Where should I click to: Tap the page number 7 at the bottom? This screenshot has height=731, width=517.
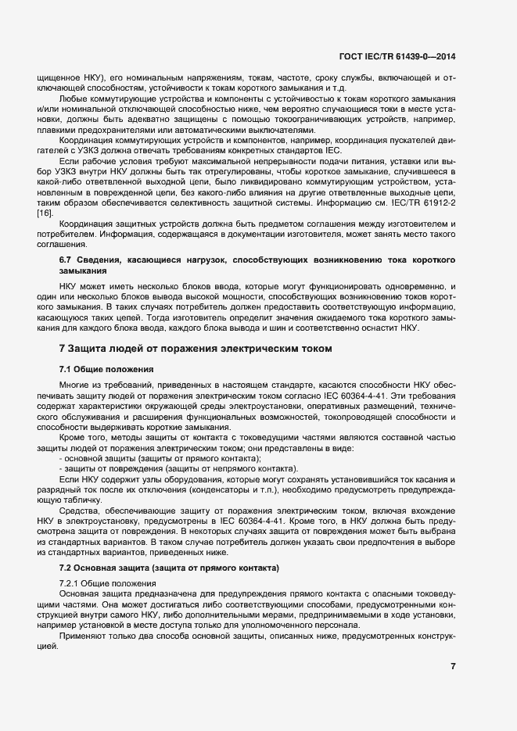point(454,665)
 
